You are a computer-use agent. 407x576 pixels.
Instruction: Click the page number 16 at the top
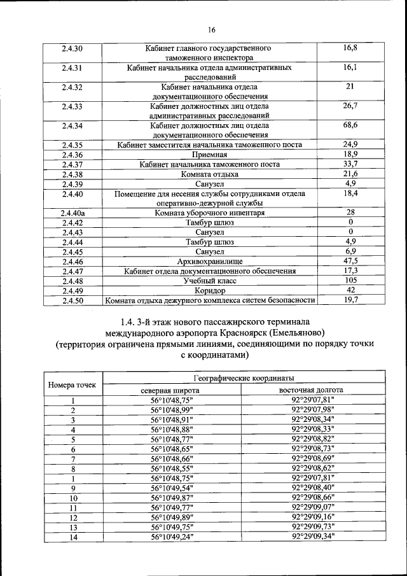pyautogui.click(x=212, y=29)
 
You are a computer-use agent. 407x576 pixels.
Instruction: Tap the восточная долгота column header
pyautogui.click(x=312, y=390)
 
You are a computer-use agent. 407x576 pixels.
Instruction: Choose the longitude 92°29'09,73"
pyautogui.click(x=312, y=527)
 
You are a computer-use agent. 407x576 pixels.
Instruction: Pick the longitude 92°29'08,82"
pyautogui.click(x=312, y=439)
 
